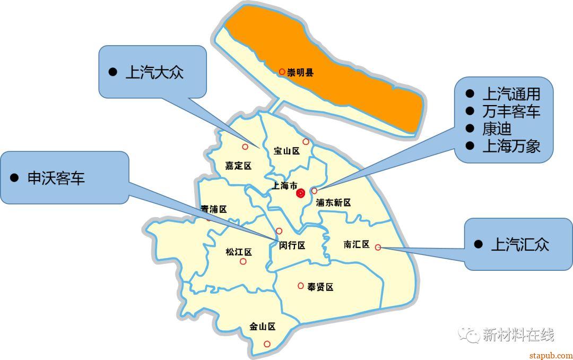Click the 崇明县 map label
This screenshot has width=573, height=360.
[300, 72]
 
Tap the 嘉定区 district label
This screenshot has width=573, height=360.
[238, 166]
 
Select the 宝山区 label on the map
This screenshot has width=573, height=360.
[286, 151]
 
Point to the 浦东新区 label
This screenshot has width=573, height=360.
[333, 202]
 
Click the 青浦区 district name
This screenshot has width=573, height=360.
[214, 210]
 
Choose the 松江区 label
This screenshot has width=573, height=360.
[238, 252]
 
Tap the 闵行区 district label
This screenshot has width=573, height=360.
[292, 245]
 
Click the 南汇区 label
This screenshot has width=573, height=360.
[356, 244]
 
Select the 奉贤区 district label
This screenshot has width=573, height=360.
[320, 287]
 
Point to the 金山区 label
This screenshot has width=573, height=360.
[263, 327]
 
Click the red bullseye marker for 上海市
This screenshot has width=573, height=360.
[301, 193]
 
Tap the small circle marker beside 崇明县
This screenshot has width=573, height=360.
[282, 72]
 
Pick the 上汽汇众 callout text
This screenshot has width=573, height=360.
[520, 244]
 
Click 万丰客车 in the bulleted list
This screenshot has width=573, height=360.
[511, 112]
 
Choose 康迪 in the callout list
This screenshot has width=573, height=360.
[497, 129]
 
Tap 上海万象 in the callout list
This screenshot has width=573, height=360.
[511, 146]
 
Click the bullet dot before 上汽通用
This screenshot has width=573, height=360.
[470, 94]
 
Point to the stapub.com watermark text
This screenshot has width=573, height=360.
[551, 355]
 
